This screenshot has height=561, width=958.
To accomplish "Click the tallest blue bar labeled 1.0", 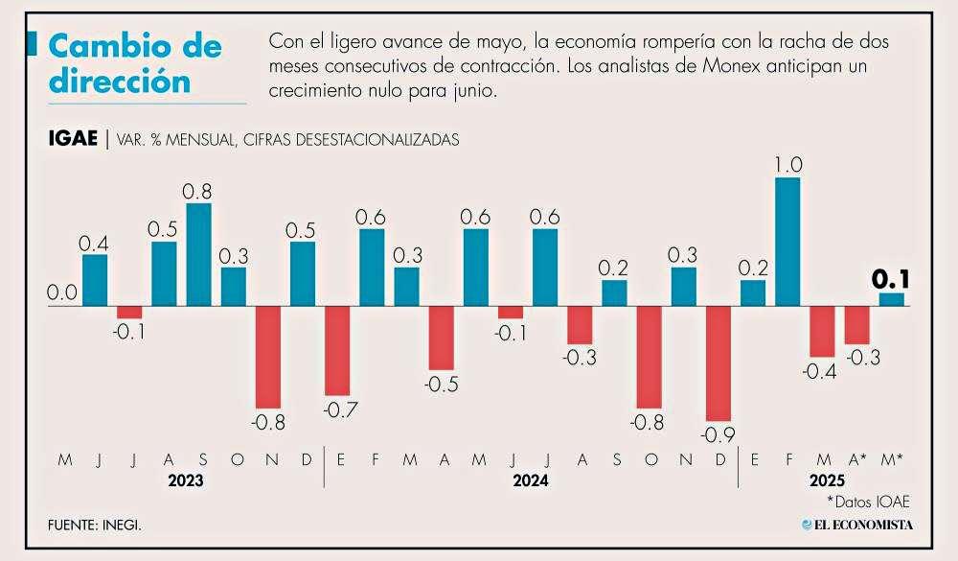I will tap(787, 242).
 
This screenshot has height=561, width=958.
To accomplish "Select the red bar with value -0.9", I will tap(718, 362).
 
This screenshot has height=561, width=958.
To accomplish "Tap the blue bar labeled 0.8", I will tap(198, 254).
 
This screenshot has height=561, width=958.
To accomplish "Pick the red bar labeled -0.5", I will tap(441, 338).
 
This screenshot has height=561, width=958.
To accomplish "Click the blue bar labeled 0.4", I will tap(95, 280).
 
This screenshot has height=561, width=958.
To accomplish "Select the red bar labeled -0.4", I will tap(822, 331).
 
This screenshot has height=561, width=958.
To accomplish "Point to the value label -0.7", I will tap(340, 411).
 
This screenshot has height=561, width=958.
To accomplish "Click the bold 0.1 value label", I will tap(890, 280).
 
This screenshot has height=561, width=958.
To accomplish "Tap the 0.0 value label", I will tap(62, 292).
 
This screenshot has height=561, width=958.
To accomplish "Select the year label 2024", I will tap(529, 480).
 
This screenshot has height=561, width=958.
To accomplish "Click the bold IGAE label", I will tap(72, 139).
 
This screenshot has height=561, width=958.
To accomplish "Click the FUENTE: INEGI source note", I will tap(100, 525).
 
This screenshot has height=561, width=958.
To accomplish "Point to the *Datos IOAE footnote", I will tap(867, 501).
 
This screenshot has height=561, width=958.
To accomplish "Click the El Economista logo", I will tap(857, 525).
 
